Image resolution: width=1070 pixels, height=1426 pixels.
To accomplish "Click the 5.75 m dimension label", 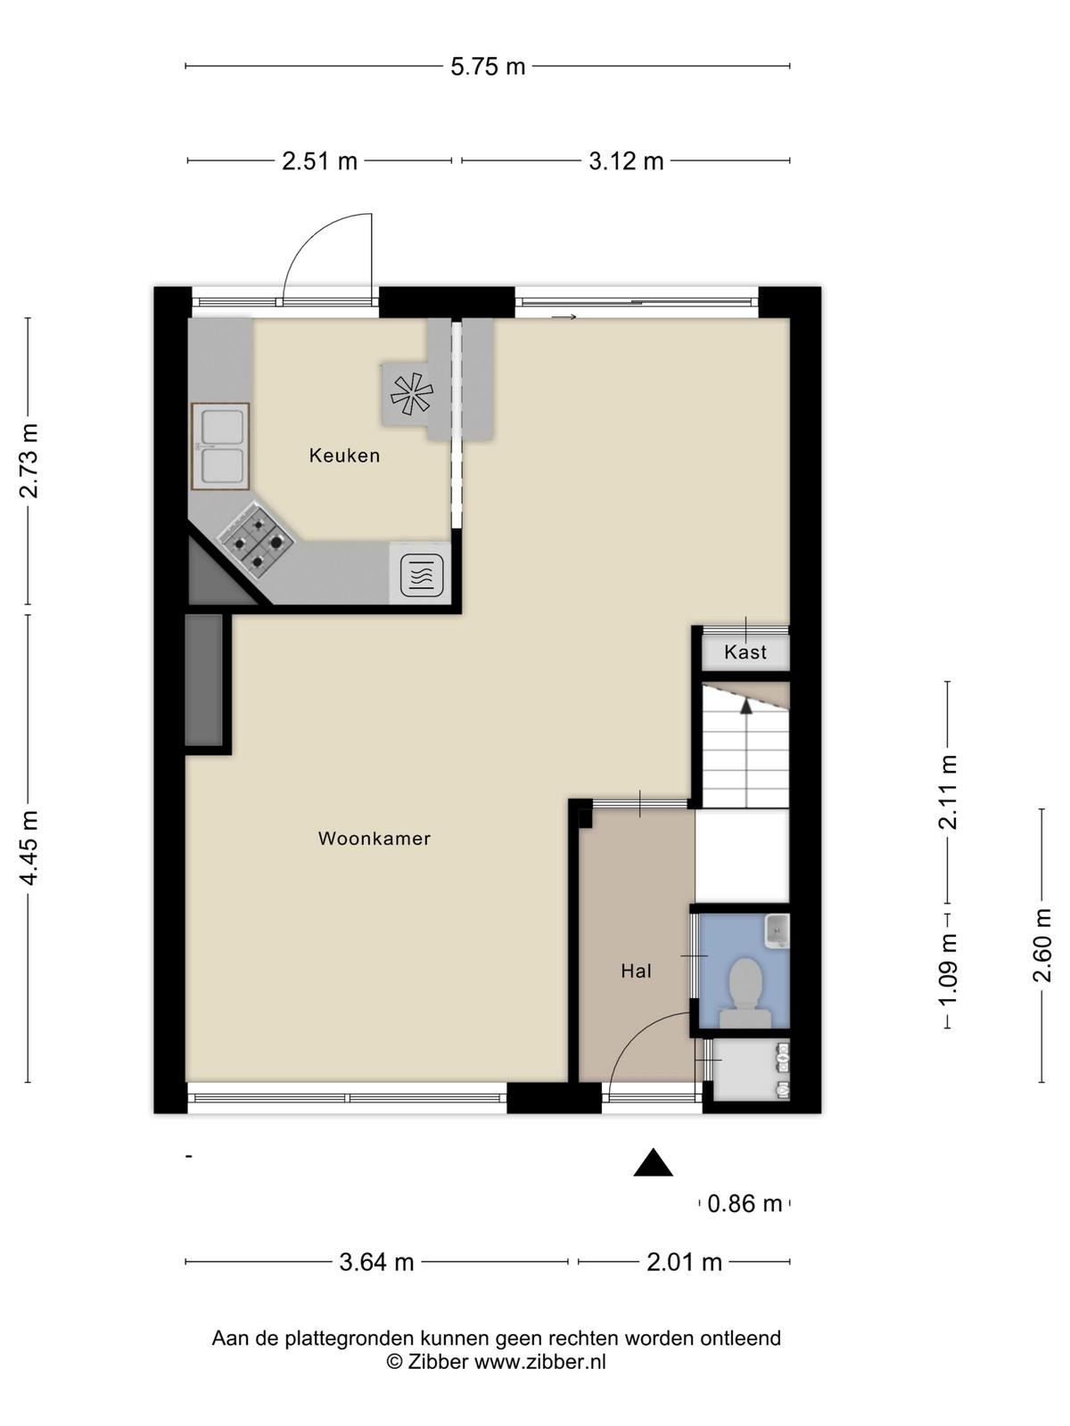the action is coord(487,66).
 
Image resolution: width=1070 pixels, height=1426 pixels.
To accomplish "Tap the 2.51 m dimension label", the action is coord(319,161).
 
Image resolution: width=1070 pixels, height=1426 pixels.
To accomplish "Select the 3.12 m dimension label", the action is coord(626,161).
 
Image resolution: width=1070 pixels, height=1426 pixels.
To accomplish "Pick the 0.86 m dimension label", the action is coord(745,1204).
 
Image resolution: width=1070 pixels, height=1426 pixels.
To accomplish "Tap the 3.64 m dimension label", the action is coord(376,1262).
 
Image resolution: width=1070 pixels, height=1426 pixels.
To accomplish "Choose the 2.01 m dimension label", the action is coord(684,1262).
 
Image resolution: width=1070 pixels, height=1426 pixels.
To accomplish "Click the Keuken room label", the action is coord(344,455).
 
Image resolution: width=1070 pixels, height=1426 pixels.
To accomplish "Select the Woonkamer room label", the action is coord(374,839).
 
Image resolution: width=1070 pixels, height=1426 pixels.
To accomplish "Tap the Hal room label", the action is coord(636,971).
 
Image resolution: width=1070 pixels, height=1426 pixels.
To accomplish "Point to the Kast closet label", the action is coord(745,652).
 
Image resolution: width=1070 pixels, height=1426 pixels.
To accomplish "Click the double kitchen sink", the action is coord(220,447).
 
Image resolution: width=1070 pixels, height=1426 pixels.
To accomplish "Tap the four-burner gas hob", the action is coord(257,543).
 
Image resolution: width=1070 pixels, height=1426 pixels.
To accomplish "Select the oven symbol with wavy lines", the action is coord(422,576).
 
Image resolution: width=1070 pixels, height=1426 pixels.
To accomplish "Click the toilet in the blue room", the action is coord(745,992).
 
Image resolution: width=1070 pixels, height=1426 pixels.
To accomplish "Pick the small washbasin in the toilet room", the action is coord(777,931).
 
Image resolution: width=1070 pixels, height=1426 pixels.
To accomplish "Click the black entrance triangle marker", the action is coord(653,1162).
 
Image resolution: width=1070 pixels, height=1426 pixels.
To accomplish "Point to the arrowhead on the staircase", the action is coord(746,706).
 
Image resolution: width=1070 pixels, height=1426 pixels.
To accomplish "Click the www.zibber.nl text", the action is coord(539,1358).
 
